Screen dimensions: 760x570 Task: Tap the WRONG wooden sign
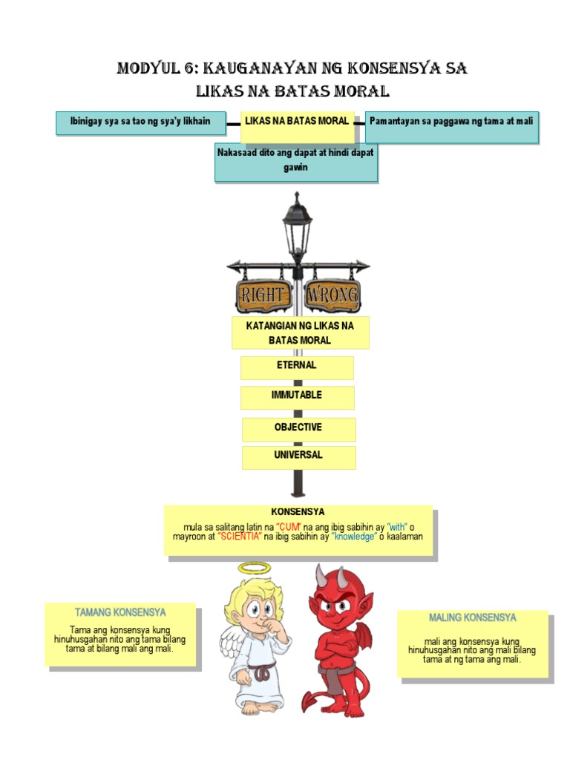[x=332, y=295]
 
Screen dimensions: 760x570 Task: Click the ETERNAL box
[x=297, y=367]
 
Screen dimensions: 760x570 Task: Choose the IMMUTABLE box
[x=297, y=396]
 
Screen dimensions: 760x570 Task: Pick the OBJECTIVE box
[x=298, y=429]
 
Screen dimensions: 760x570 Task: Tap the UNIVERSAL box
[x=298, y=456]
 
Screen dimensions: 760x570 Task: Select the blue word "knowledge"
[x=355, y=537]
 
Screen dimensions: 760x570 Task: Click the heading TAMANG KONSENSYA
[x=120, y=613]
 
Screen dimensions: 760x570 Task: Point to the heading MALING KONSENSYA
[x=472, y=618]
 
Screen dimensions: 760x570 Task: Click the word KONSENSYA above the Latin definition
[x=298, y=512]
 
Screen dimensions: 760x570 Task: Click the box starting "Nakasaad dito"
[x=296, y=161]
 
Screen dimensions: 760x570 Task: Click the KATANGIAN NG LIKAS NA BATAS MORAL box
[x=300, y=332]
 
